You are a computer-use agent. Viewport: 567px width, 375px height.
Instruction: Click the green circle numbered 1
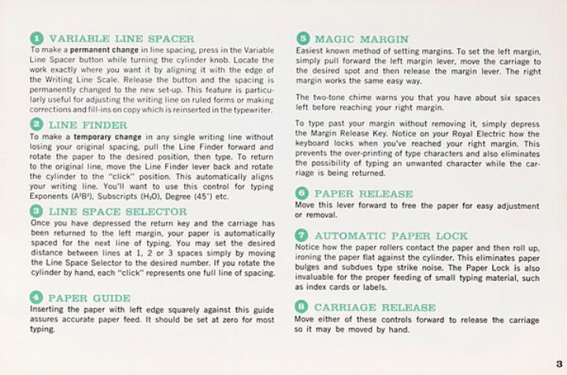[35, 39]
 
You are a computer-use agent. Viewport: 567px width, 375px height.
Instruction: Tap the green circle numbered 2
[35, 125]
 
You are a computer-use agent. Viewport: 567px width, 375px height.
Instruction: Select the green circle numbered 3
[35, 211]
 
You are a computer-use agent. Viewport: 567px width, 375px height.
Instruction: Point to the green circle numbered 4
[35, 298]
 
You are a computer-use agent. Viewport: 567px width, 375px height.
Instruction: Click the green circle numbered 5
[302, 39]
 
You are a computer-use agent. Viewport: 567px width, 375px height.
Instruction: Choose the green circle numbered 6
[302, 193]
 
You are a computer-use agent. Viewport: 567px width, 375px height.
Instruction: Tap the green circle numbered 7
[302, 236]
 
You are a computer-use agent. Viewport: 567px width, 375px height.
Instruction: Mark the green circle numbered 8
[302, 307]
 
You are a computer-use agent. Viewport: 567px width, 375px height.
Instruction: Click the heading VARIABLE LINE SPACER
[121, 39]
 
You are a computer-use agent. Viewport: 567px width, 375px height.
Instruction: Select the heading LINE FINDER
[87, 125]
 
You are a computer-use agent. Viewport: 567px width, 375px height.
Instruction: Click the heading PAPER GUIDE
[89, 298]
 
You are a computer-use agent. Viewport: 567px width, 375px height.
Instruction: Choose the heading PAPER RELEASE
[363, 193]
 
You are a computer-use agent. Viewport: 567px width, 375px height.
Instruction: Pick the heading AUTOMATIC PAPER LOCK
[391, 236]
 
